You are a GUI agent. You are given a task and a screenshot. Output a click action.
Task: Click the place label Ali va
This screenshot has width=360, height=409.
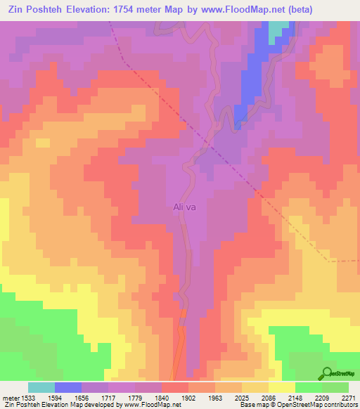tap(184, 207)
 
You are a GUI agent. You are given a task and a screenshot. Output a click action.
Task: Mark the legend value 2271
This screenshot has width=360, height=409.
tap(348, 397)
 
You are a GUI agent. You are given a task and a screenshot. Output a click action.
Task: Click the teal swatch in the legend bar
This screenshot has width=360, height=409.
tap(41, 387)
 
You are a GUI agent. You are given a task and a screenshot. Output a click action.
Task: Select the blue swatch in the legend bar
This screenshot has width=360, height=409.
tap(68, 387)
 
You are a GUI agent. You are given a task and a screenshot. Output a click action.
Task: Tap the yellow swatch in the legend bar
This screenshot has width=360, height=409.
tap(281, 387)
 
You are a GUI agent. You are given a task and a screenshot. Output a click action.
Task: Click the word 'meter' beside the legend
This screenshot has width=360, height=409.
tap(11, 397)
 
